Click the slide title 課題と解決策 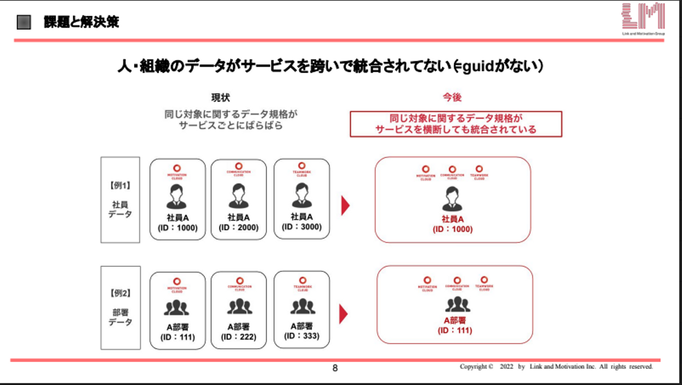pyautogui.click(x=81, y=22)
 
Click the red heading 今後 pyautogui.click(x=452, y=97)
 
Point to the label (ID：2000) pyautogui.click(x=238, y=228)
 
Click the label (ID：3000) pyautogui.click(x=301, y=227)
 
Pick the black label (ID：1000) pyautogui.click(x=177, y=228)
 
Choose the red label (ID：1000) pyautogui.click(x=452, y=229)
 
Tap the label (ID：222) pyautogui.click(x=238, y=337)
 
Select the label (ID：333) pyautogui.click(x=301, y=336)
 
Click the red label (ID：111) pyautogui.click(x=455, y=330)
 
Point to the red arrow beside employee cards pyautogui.click(x=345, y=206)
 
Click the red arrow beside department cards pyautogui.click(x=344, y=314)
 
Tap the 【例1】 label pyautogui.click(x=120, y=186)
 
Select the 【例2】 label pyautogui.click(x=120, y=293)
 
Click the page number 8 pyautogui.click(x=335, y=368)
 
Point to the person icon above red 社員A pyautogui.click(x=452, y=199)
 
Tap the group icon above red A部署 pyautogui.click(x=457, y=304)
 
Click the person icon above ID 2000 pyautogui.click(x=238, y=196)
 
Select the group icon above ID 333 pyautogui.click(x=302, y=307)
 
